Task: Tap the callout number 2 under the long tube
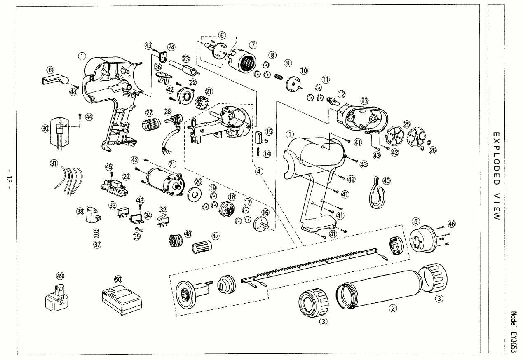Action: tap(393, 307)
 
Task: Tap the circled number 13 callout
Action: tap(364, 101)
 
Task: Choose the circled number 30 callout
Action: tap(45, 129)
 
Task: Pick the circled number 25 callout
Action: tap(407, 124)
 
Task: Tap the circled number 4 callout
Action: tap(259, 172)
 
